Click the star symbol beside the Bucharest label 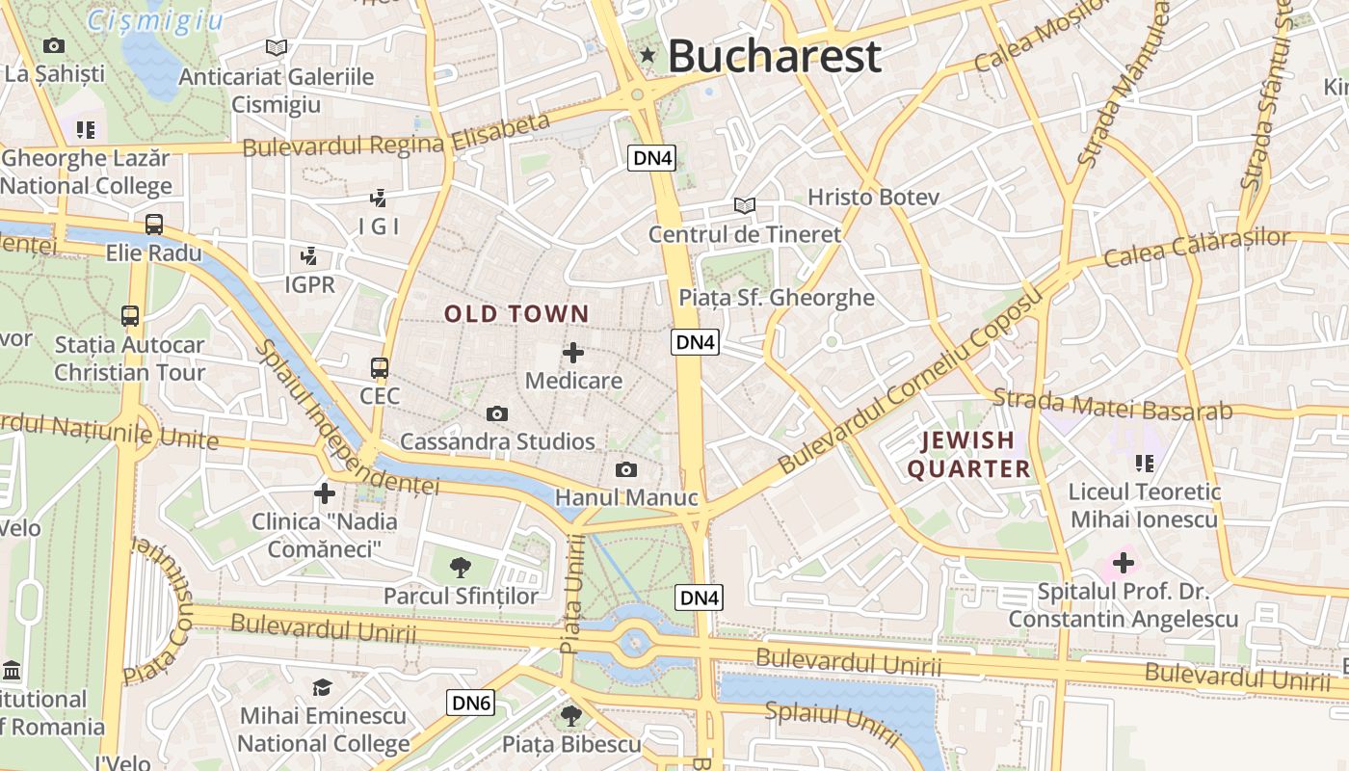click(648, 56)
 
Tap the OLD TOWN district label click(516, 313)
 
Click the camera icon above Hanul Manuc click(626, 469)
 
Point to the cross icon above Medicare click(573, 353)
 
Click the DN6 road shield click(471, 704)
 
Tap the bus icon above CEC click(380, 367)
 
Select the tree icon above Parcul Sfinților click(461, 567)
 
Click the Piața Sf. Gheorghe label click(777, 298)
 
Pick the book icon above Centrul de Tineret click(744, 205)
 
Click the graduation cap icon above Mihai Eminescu click(322, 687)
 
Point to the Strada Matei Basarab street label click(1112, 405)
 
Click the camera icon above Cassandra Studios click(497, 413)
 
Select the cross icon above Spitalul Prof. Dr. click(1123, 562)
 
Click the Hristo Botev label click(873, 197)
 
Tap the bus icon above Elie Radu click(154, 225)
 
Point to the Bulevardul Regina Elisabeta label click(396, 136)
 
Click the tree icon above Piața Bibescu click(571, 715)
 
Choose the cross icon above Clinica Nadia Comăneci click(325, 493)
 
